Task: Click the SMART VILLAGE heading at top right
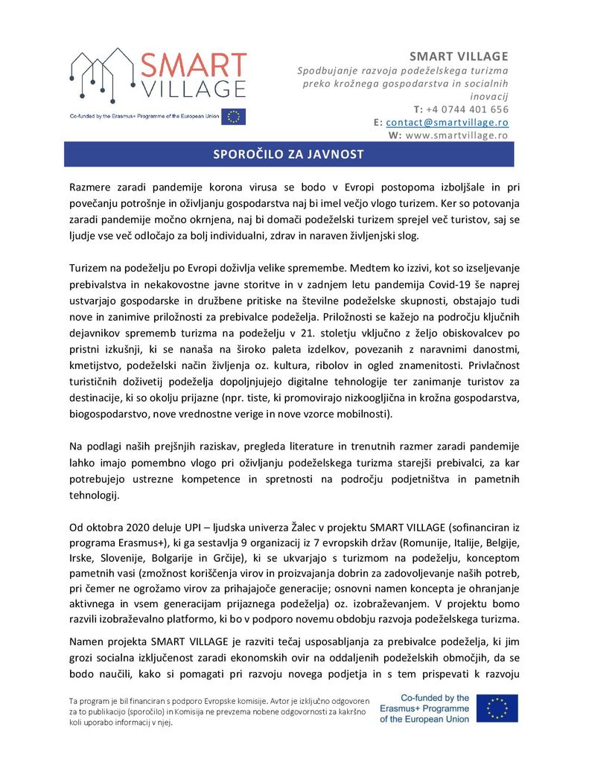click(459, 57)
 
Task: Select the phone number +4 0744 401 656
click(467, 109)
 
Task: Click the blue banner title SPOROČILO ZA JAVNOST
click(289, 155)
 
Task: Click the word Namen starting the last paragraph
click(88, 641)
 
